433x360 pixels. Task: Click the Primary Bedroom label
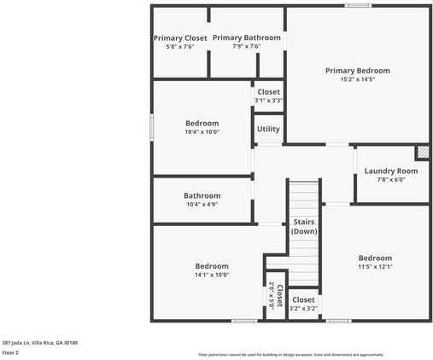tap(357, 71)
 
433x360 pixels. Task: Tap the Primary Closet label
tap(180, 38)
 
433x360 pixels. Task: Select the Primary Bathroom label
tap(246, 38)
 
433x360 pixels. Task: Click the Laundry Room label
tap(391, 171)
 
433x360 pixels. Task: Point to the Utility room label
tap(268, 130)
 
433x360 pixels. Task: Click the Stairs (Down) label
tap(304, 226)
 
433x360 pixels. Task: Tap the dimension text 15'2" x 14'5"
tap(357, 79)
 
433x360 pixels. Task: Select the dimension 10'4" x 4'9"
tap(202, 205)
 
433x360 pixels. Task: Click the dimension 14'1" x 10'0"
tap(211, 275)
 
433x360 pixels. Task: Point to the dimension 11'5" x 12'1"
tap(375, 267)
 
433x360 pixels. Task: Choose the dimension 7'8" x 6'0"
tap(391, 180)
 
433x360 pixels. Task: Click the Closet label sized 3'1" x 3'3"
tap(268, 92)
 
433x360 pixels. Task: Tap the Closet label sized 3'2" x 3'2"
tap(303, 300)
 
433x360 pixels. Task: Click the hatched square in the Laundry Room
tap(421, 153)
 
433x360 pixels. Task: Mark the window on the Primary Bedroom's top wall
tap(358, 6)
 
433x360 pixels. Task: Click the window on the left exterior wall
tap(152, 127)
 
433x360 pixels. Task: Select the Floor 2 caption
tap(10, 351)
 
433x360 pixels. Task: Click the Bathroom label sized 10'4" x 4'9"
tap(202, 195)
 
